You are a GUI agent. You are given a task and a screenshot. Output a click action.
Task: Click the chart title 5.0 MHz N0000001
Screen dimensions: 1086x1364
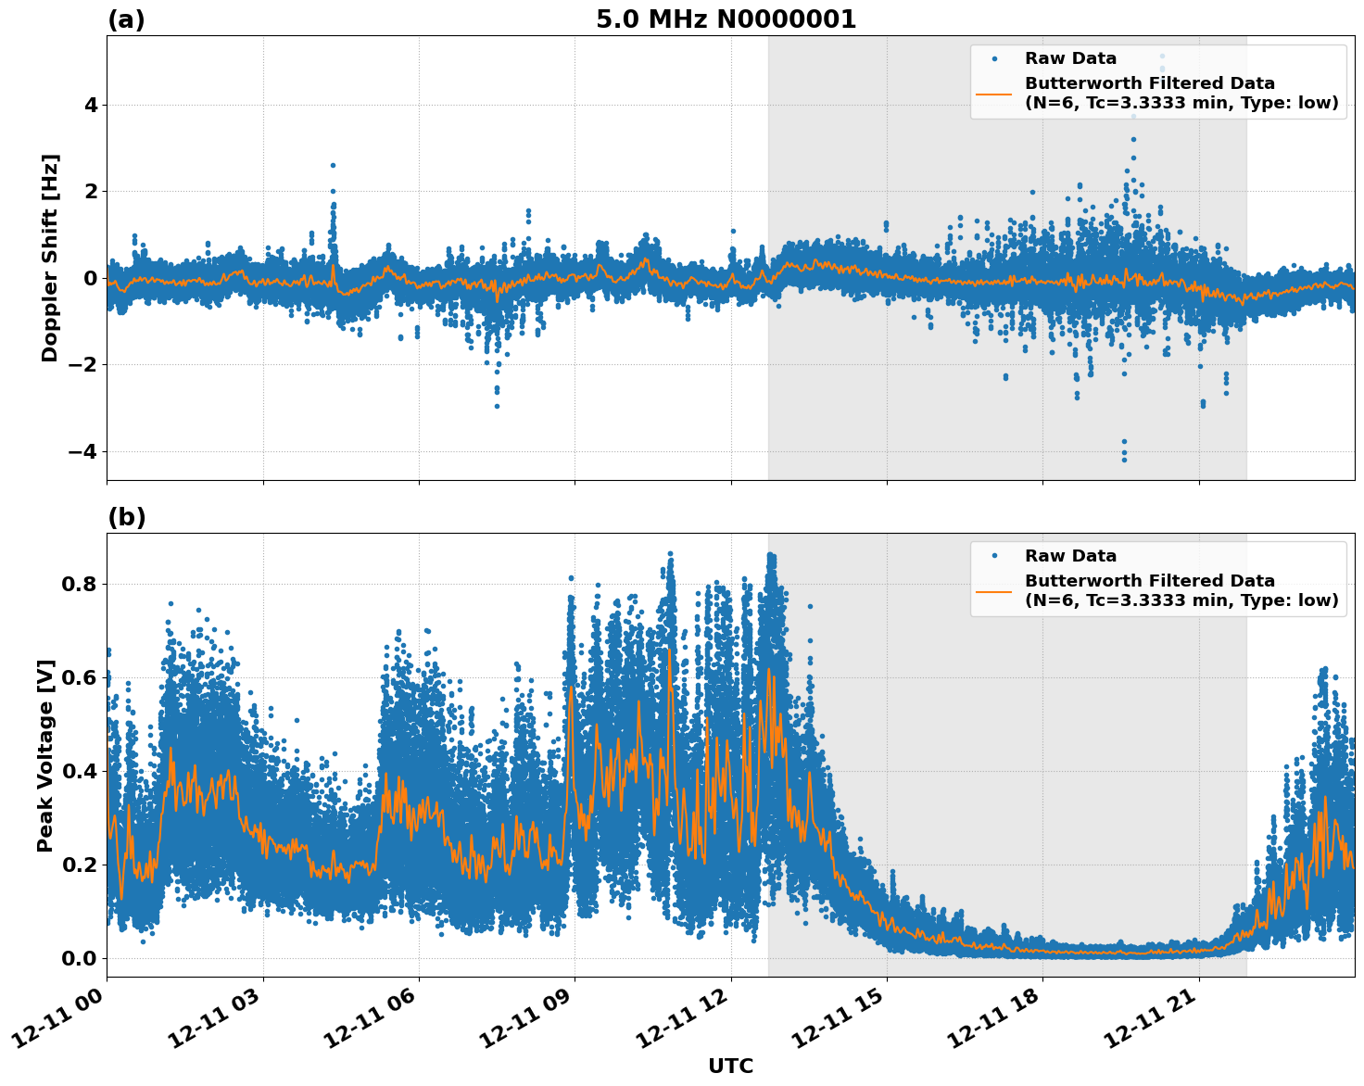coord(726,19)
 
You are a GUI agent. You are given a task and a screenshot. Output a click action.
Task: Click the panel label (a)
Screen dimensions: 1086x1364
coord(126,19)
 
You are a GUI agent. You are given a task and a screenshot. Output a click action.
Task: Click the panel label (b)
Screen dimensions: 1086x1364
coord(126,517)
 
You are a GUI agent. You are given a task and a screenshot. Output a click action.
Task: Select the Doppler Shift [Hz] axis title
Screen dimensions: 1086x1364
coord(50,258)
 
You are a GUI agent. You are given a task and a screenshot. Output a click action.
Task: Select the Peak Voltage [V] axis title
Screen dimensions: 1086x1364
coord(45,755)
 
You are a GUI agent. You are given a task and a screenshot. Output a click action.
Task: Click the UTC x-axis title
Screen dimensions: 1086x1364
coord(730,1066)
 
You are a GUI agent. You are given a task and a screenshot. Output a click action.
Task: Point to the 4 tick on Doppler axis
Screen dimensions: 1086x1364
coord(91,106)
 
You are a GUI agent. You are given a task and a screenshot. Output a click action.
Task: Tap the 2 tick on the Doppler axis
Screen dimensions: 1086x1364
coord(91,192)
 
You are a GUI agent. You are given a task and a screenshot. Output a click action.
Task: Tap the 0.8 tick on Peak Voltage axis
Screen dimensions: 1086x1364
coord(80,585)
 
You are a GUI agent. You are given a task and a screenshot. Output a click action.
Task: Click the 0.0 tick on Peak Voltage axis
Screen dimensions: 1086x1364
coord(80,958)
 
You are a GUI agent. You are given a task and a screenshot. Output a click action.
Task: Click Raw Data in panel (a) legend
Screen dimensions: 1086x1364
coord(1070,58)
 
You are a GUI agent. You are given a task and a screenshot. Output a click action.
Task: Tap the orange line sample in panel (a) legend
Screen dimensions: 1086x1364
coord(994,94)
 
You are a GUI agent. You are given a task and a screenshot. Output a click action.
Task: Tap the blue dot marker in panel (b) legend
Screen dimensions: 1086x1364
coord(994,556)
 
